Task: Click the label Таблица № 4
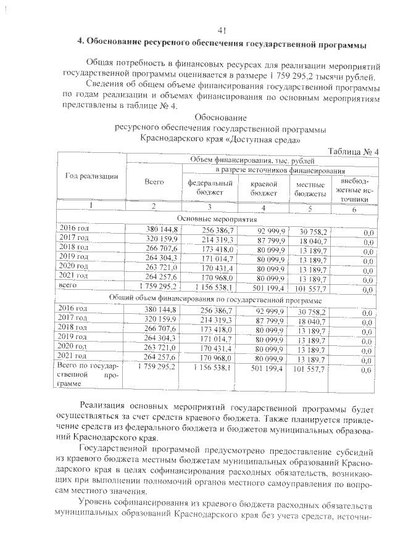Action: tap(353, 152)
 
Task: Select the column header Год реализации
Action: tap(91, 176)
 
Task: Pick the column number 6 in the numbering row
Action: tap(354, 208)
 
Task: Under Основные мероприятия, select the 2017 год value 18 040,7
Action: tap(313, 240)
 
